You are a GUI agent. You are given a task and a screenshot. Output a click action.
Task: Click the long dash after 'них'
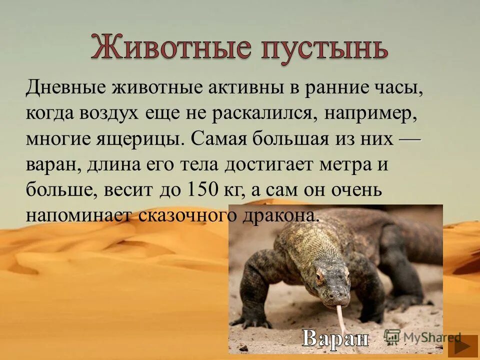point(410,137)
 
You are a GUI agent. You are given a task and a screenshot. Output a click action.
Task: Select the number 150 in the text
point(202,189)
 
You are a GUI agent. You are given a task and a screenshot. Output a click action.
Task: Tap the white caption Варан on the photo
point(335,338)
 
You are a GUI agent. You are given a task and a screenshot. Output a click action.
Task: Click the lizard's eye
point(319,275)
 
